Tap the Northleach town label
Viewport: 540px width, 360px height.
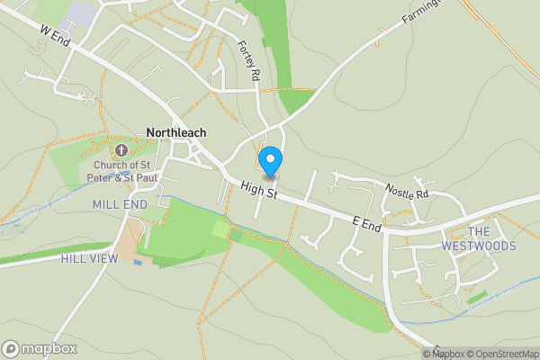(x=175, y=132)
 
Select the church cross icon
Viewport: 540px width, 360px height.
(x=121, y=149)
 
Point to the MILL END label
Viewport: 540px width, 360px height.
(x=119, y=205)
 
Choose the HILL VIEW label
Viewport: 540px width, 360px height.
(x=89, y=258)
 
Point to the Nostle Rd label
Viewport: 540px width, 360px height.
(x=408, y=192)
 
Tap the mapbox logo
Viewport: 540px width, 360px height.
(x=40, y=348)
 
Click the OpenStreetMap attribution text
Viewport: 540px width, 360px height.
(x=501, y=354)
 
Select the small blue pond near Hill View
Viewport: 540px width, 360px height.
(x=138, y=263)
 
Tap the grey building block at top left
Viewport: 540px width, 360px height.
(x=81, y=13)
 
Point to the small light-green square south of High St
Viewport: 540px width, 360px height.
(x=220, y=229)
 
